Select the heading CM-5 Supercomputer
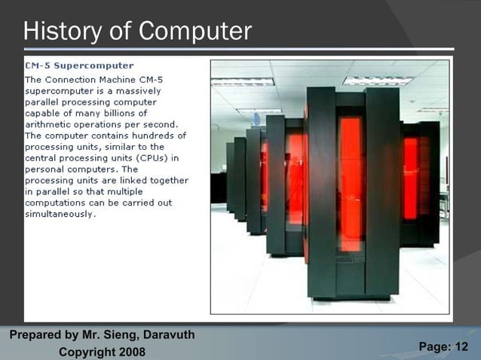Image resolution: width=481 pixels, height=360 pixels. [79, 66]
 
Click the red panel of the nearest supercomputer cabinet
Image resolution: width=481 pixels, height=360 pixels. [351, 181]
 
